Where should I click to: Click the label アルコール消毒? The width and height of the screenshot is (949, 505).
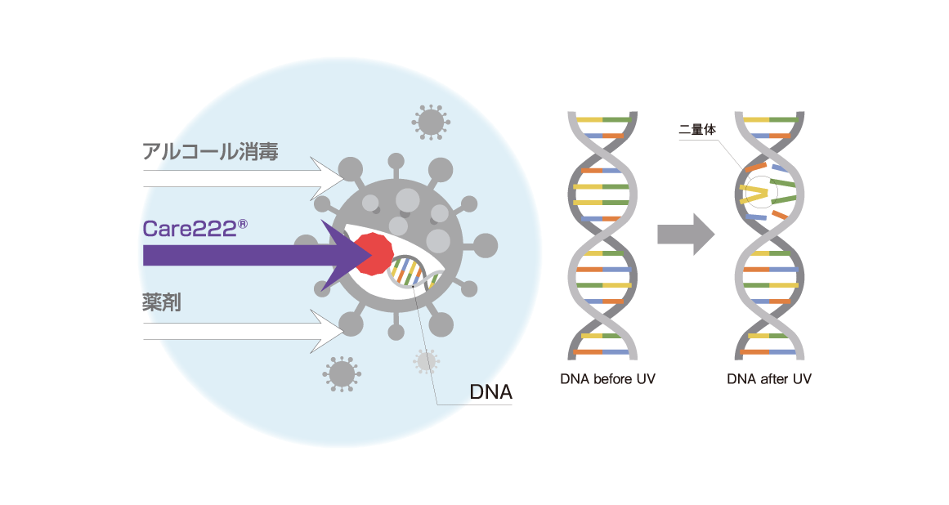[x=211, y=151]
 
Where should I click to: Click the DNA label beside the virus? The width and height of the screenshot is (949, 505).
[x=490, y=392]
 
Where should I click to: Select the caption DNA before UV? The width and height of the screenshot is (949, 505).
[x=607, y=379]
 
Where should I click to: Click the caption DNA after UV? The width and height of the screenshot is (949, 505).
[x=769, y=379]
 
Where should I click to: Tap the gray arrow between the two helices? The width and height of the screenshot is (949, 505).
[x=685, y=235]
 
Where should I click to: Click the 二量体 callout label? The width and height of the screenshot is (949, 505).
[x=697, y=129]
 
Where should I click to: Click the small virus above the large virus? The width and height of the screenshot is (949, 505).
[x=430, y=122]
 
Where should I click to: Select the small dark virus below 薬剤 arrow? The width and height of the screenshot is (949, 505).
[x=341, y=373]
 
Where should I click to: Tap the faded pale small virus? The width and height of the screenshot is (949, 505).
[x=426, y=360]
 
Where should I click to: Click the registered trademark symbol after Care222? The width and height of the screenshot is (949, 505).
[x=242, y=221]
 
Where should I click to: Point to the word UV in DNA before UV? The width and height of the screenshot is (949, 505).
[x=646, y=379]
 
